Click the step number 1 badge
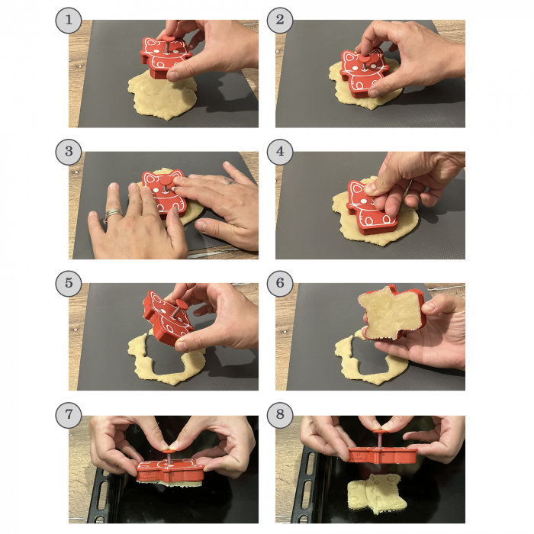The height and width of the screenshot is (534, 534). pos(69,20)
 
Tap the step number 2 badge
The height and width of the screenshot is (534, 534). pos(280,20)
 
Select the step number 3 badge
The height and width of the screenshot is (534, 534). pos(69,152)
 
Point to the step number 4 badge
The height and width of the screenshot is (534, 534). pos(280,152)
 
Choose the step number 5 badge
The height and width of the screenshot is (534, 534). pos(69,283)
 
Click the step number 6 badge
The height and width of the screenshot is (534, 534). pos(280,283)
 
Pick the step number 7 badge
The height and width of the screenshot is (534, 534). pos(69,415)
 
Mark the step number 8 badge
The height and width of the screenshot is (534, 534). pos(280,415)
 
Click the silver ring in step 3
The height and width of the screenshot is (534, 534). pos(113,214)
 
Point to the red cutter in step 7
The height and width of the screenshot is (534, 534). pos(169,469)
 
